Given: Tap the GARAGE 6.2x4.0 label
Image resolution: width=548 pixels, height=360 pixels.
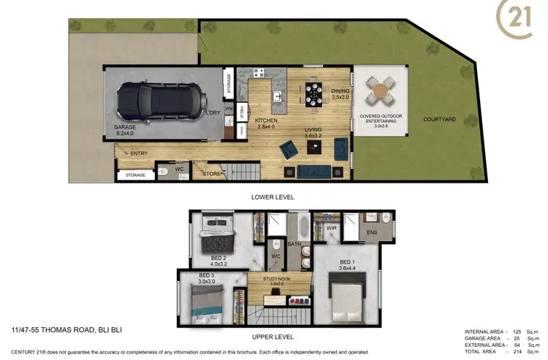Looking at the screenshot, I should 126,130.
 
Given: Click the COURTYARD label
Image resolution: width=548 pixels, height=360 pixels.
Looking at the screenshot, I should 439,119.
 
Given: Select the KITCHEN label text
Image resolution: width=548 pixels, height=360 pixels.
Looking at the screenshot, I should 265,120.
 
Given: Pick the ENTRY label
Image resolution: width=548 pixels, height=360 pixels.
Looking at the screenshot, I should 138,153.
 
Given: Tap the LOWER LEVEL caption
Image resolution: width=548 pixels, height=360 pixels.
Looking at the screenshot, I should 272,197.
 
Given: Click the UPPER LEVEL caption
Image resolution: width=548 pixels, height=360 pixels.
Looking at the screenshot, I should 272,337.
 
